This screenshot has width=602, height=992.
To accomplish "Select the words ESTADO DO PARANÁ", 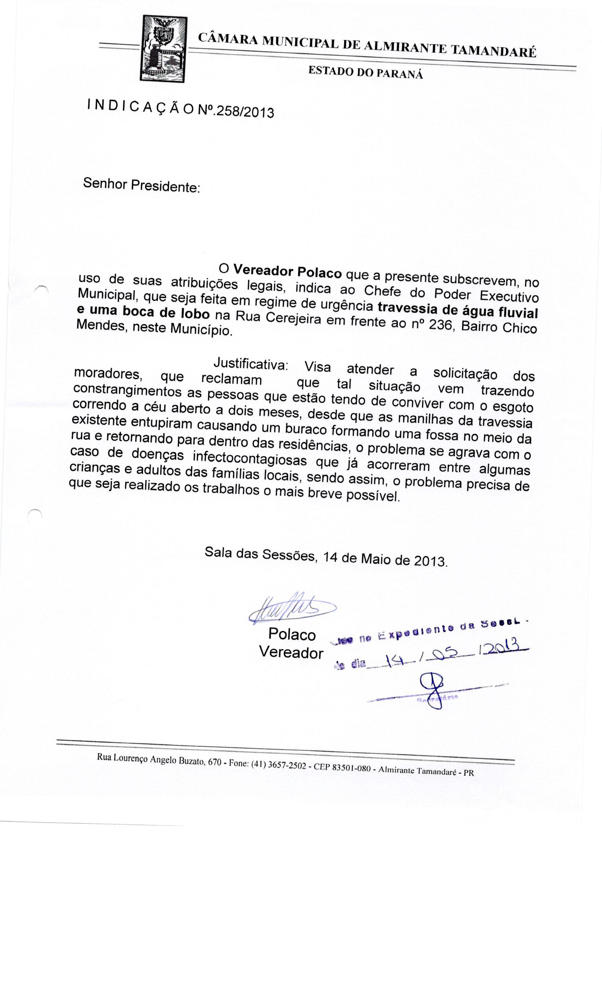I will point(365,73).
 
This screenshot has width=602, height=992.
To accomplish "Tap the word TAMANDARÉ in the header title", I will point(493,51).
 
